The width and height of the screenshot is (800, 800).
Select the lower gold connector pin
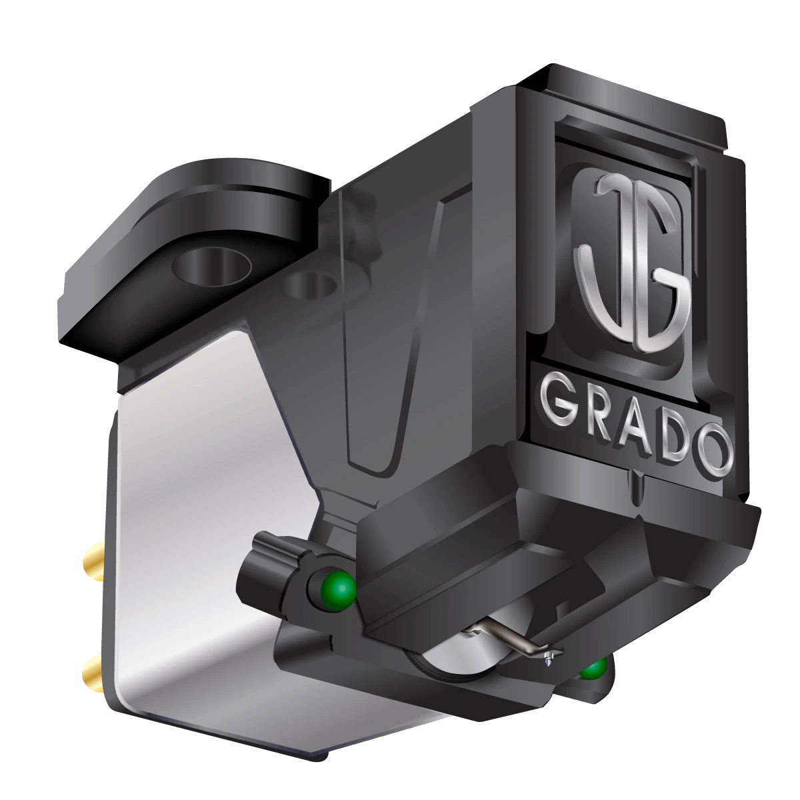[x=91, y=667]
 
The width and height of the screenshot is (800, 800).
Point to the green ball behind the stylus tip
[x=592, y=668]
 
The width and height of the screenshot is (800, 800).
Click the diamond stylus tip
[x=548, y=659]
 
